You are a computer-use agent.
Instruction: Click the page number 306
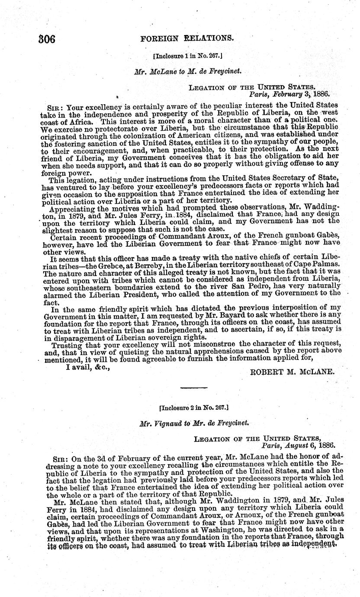(x=46, y=39)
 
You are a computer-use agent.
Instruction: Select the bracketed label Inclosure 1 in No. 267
(x=187, y=56)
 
